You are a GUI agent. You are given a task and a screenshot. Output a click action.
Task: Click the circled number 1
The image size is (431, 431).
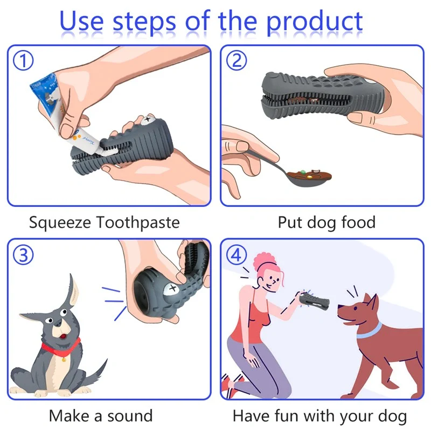click(23, 61)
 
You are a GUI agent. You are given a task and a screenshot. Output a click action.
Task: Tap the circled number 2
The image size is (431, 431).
click(236, 61)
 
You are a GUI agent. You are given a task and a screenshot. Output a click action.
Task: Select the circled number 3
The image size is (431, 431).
click(23, 255)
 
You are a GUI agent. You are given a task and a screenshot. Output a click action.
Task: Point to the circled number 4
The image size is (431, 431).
click(236, 255)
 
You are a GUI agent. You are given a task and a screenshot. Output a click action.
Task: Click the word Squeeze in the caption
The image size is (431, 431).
click(59, 222)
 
